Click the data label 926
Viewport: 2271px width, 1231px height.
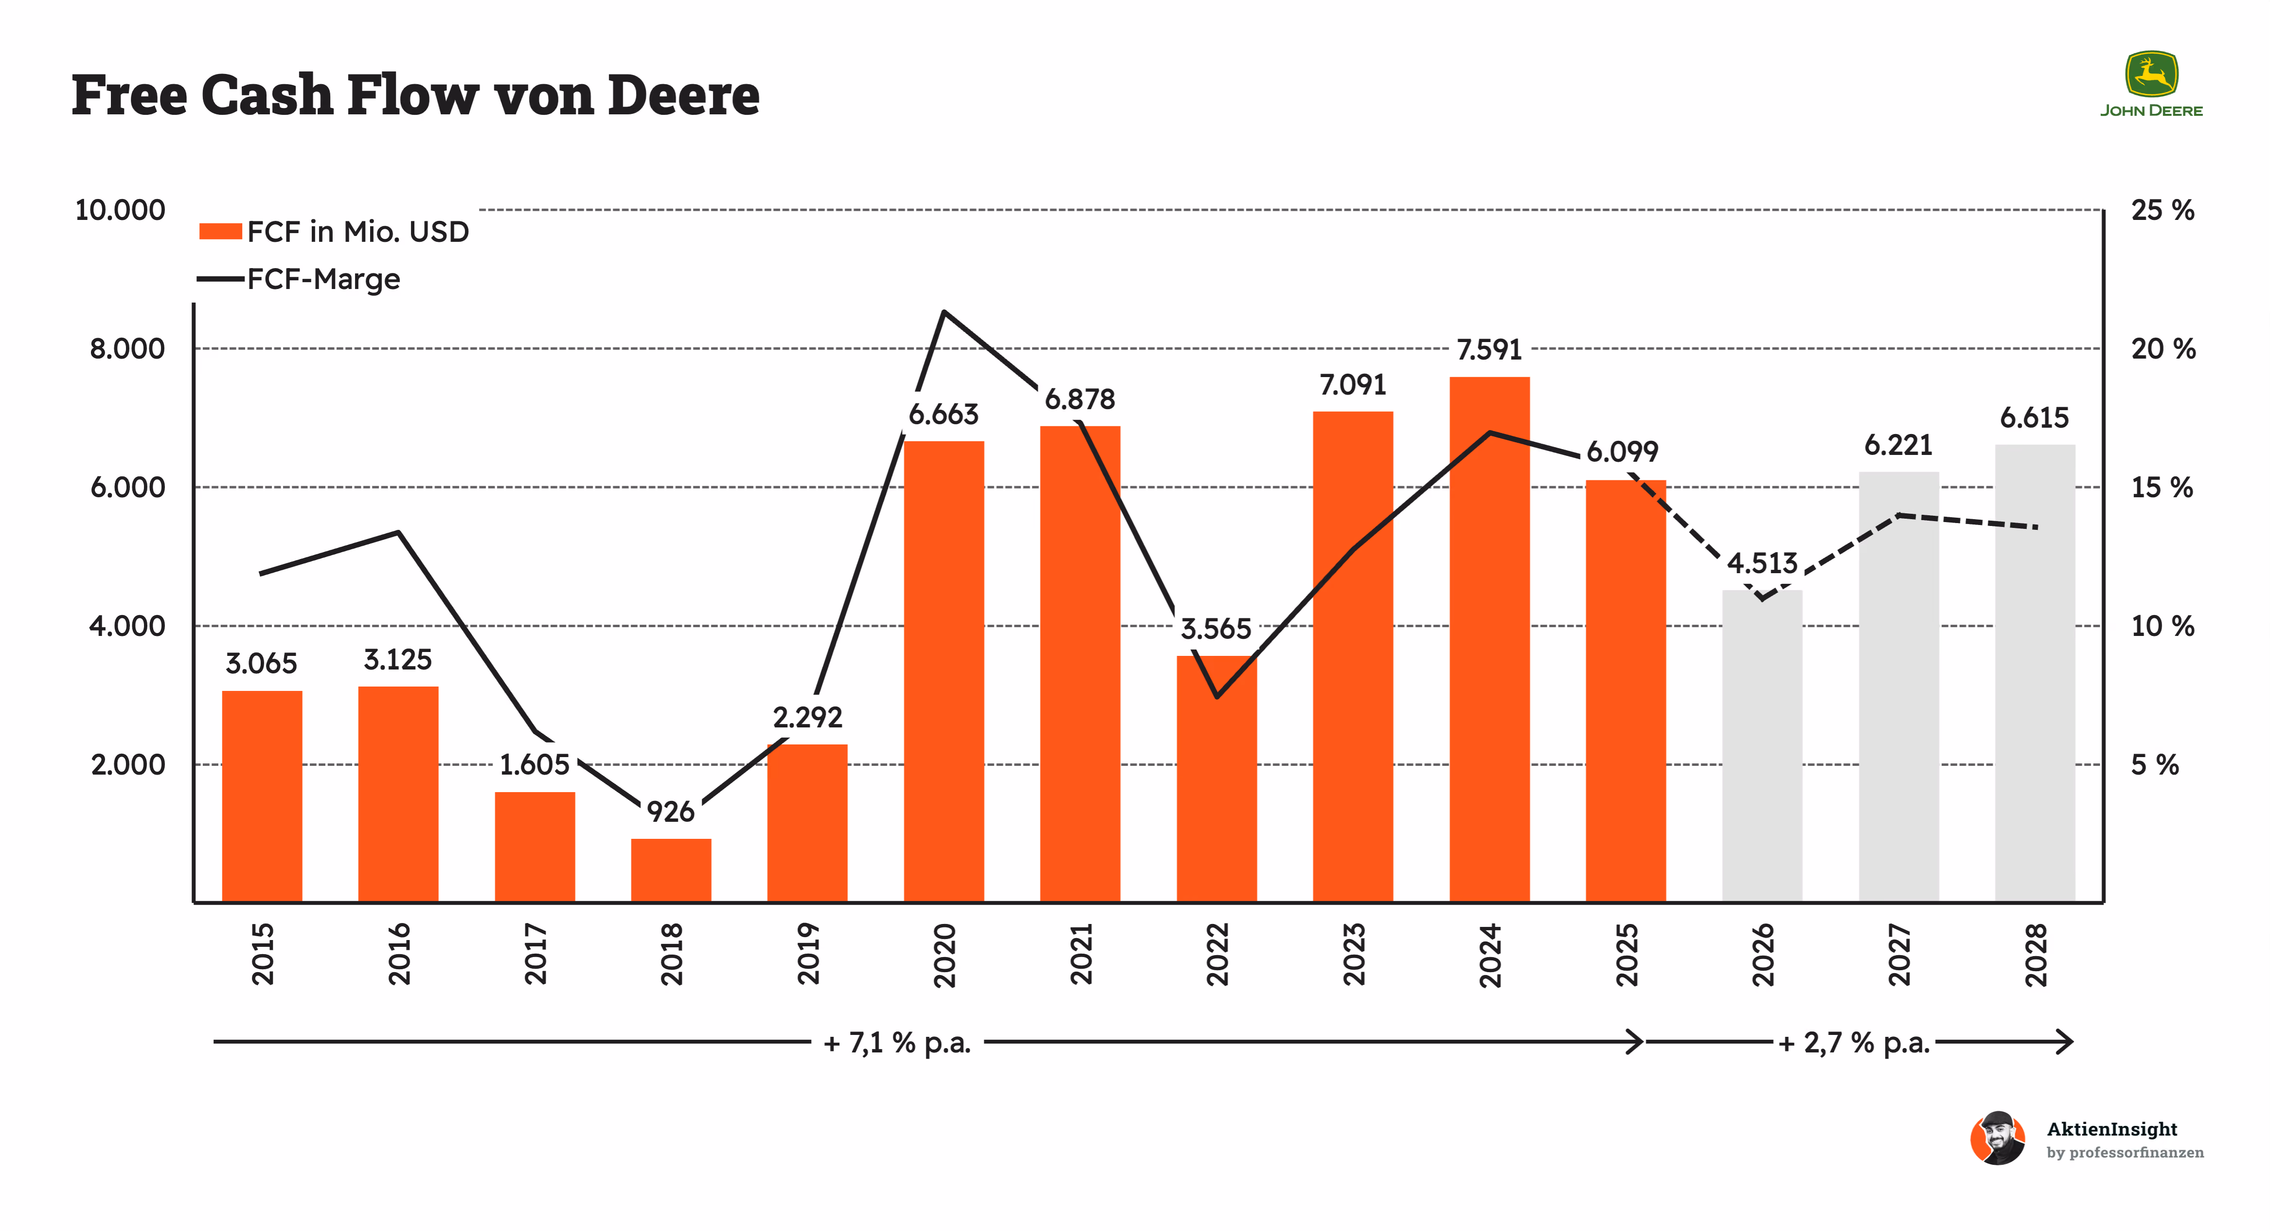point(671,811)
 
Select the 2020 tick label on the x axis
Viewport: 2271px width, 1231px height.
point(944,955)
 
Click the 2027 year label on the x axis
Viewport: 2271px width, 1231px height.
point(1899,955)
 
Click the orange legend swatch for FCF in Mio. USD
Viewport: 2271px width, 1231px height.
point(220,231)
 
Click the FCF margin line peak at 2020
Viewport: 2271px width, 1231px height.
point(944,311)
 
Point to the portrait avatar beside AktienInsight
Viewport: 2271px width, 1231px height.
point(1999,1139)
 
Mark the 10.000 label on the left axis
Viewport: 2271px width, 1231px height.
point(120,210)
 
